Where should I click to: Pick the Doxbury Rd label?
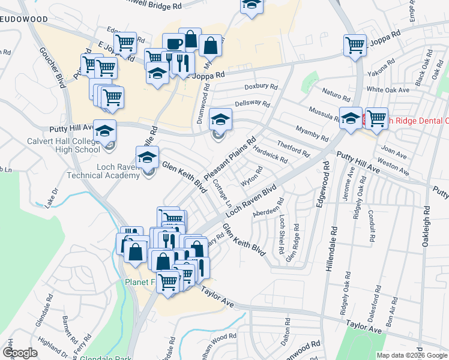265,86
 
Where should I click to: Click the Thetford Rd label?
293,148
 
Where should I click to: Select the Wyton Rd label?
252,176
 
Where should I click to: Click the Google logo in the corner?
20,353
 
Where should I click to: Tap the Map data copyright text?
411,355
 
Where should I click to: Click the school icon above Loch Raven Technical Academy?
147,157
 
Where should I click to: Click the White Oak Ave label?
388,89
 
